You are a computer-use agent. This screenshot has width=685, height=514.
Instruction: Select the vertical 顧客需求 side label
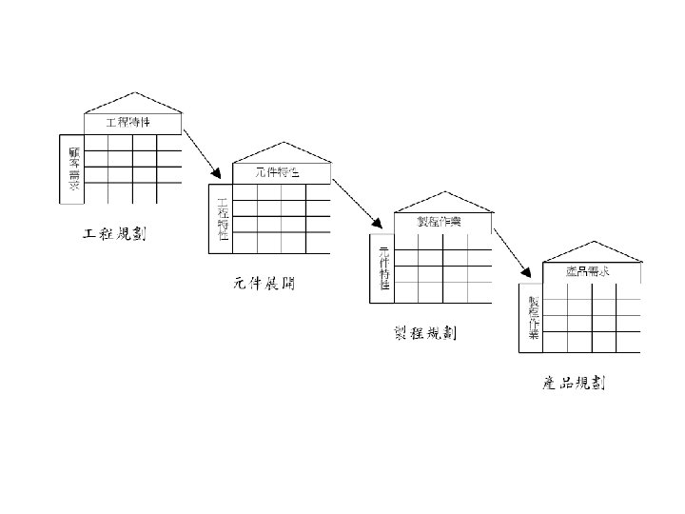(72, 168)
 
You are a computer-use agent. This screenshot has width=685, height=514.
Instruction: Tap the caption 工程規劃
(111, 234)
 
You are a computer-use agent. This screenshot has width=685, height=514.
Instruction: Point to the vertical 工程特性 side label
(223, 218)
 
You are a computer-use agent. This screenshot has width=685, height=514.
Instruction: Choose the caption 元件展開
(263, 284)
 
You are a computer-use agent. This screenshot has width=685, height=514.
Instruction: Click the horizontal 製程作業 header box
(439, 222)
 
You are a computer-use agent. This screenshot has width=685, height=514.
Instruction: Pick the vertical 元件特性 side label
(383, 267)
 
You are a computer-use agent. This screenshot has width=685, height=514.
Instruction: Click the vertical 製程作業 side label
(534, 318)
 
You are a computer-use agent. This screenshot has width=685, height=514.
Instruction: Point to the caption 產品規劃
(574, 384)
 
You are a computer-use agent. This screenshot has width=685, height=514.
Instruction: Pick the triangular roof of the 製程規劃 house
(442, 202)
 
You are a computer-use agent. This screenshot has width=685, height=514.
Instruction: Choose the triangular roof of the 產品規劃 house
(590, 251)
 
